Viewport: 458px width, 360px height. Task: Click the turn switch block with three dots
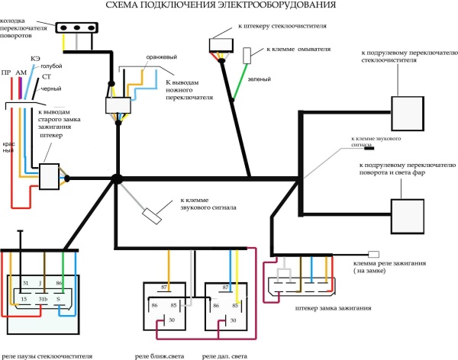tap(76, 29)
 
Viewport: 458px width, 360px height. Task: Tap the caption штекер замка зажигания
tap(332, 308)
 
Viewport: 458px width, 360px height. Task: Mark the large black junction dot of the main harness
tap(117, 179)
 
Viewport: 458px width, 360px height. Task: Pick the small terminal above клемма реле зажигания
tap(374, 254)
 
